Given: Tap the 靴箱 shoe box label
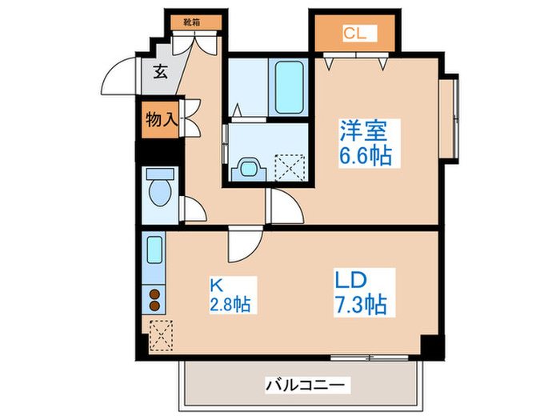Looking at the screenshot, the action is click(192, 22).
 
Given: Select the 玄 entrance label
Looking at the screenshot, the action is click(160, 72).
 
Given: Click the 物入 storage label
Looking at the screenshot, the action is click(162, 119).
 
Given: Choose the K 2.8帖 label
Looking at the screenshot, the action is click(233, 295).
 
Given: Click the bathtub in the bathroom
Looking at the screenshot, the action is click(289, 87).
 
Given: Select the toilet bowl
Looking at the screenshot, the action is click(160, 192).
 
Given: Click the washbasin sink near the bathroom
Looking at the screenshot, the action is click(249, 169).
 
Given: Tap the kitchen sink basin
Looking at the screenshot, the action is click(154, 250).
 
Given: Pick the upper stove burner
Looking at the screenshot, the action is click(154, 294).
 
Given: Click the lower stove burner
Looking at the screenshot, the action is click(154, 306).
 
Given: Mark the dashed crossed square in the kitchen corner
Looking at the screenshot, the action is click(161, 335).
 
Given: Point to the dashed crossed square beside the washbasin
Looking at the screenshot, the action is click(290, 167).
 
